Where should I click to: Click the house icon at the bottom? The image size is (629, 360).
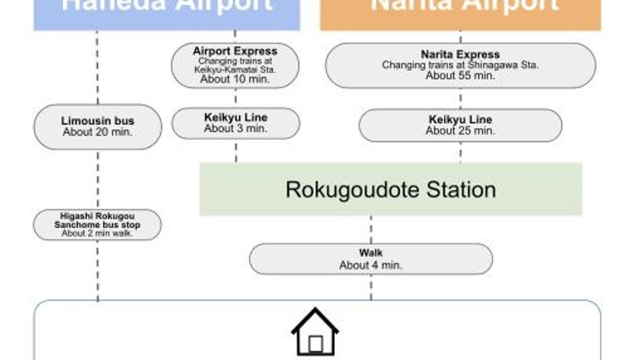pos(315,333)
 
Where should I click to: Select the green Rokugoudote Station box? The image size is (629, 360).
pos(391,189)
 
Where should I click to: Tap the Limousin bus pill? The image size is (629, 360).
pos(97,127)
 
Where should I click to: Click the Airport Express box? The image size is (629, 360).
pos(235,64)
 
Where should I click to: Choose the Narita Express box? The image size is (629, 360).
pos(460,65)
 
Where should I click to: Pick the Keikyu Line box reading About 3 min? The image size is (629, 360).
pos(236,123)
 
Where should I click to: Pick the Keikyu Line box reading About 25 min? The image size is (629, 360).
pos(460,125)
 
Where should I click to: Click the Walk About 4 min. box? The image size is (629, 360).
pos(370,259)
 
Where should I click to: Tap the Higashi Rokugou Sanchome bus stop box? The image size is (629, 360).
pos(97,224)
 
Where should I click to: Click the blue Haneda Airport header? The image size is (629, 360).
pos(167,12)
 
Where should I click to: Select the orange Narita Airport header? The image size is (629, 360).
pos(460,12)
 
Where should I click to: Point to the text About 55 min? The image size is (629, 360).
pos(460,76)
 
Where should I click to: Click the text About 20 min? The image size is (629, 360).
pos(97,132)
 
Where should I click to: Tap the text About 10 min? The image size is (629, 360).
pos(235,79)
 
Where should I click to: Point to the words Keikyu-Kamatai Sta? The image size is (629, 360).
pos(235,70)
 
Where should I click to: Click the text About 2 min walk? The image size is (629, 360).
pos(97,233)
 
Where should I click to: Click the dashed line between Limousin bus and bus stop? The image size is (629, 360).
pos(97,179)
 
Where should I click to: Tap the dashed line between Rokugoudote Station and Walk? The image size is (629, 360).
pos(370,230)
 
